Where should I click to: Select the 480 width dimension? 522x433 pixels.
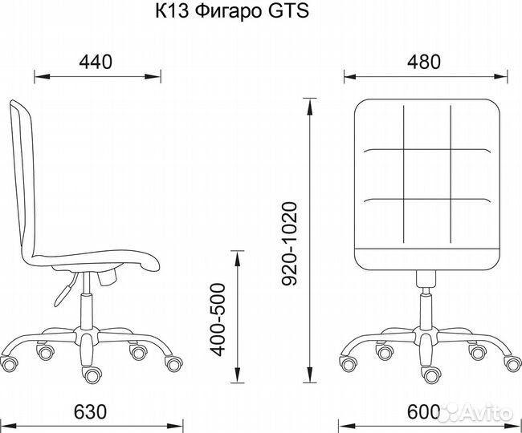point(423,61)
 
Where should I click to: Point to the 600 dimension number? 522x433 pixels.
point(423,412)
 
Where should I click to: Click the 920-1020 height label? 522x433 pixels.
point(290,244)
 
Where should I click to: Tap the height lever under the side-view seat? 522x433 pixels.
point(63,289)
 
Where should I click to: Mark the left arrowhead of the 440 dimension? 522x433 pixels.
point(37,78)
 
